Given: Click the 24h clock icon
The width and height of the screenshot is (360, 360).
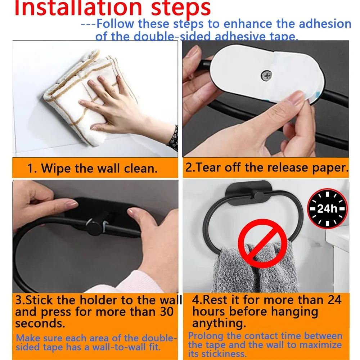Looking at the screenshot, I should [327, 208].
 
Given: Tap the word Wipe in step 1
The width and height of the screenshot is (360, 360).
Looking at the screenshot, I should [57, 168].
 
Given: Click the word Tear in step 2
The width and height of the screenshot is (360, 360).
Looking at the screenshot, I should [209, 168].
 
